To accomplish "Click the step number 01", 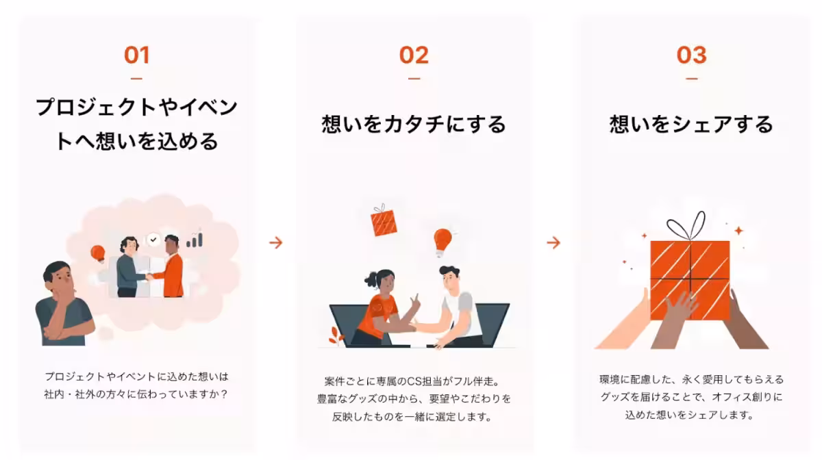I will pos(136,55).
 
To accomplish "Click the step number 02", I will pos(414,55).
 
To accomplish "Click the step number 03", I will pos(691,55).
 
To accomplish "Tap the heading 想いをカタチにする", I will pos(414,125).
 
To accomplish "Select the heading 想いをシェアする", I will pos(691,125).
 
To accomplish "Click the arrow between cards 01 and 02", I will pos(275,242).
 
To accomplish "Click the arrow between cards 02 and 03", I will pos(553,242).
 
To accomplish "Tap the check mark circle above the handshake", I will pos(153,240).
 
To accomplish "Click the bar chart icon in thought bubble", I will pos(195,239).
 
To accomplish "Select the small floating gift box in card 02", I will pos(383,221).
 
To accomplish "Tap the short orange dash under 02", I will pos(414,79).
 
